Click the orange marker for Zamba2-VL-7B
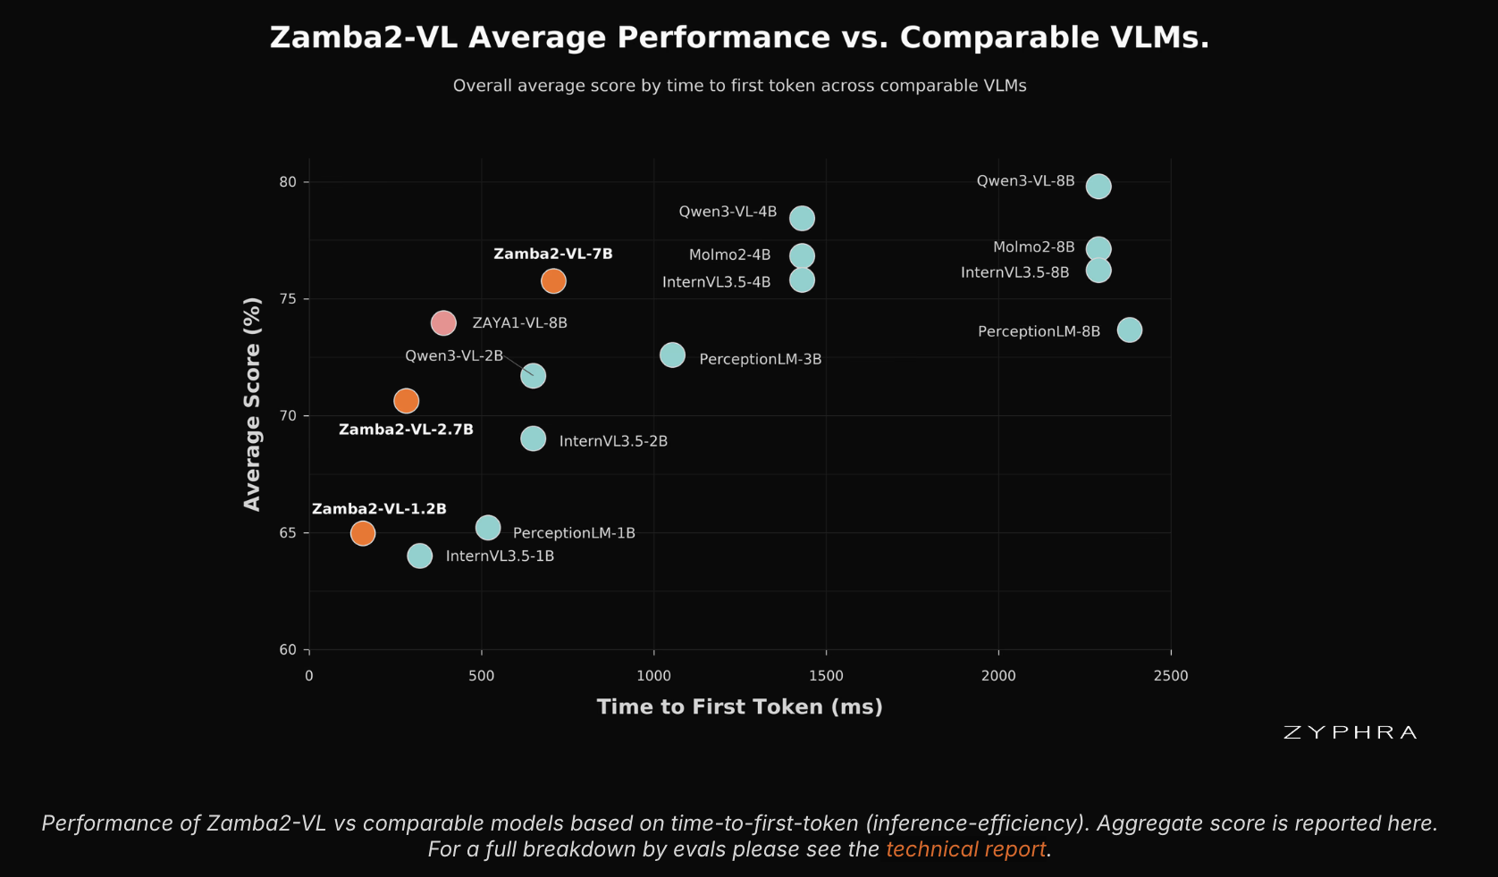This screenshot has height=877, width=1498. pyautogui.click(x=553, y=280)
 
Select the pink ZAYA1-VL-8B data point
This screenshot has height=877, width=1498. pyautogui.click(x=443, y=323)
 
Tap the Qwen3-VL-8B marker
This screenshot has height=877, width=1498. pyautogui.click(x=1098, y=186)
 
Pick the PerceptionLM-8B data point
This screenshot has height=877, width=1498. pyautogui.click(x=1130, y=330)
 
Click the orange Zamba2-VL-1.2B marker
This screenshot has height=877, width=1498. pyautogui.click(x=363, y=533)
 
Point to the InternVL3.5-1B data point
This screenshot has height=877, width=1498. pyautogui.click(x=419, y=555)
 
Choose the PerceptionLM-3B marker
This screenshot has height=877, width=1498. pyautogui.click(x=672, y=355)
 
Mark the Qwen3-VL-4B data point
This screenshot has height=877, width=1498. pyautogui.click(x=802, y=218)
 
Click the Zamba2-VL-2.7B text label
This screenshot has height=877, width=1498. pyautogui.click(x=406, y=430)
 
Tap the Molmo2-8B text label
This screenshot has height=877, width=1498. pyautogui.click(x=1033, y=246)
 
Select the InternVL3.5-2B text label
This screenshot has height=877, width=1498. pyautogui.click(x=613, y=441)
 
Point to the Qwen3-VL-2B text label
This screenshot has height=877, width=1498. pyautogui.click(x=454, y=355)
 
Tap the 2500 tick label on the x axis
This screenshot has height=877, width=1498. pyautogui.click(x=1171, y=676)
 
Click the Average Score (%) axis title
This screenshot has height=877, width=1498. pyautogui.click(x=252, y=405)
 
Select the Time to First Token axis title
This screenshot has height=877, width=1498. pyautogui.click(x=740, y=706)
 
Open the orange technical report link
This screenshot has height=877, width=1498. pyautogui.click(x=965, y=849)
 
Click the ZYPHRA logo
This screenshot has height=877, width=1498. pyautogui.click(x=1351, y=732)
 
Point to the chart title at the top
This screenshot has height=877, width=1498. pyautogui.click(x=740, y=38)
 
